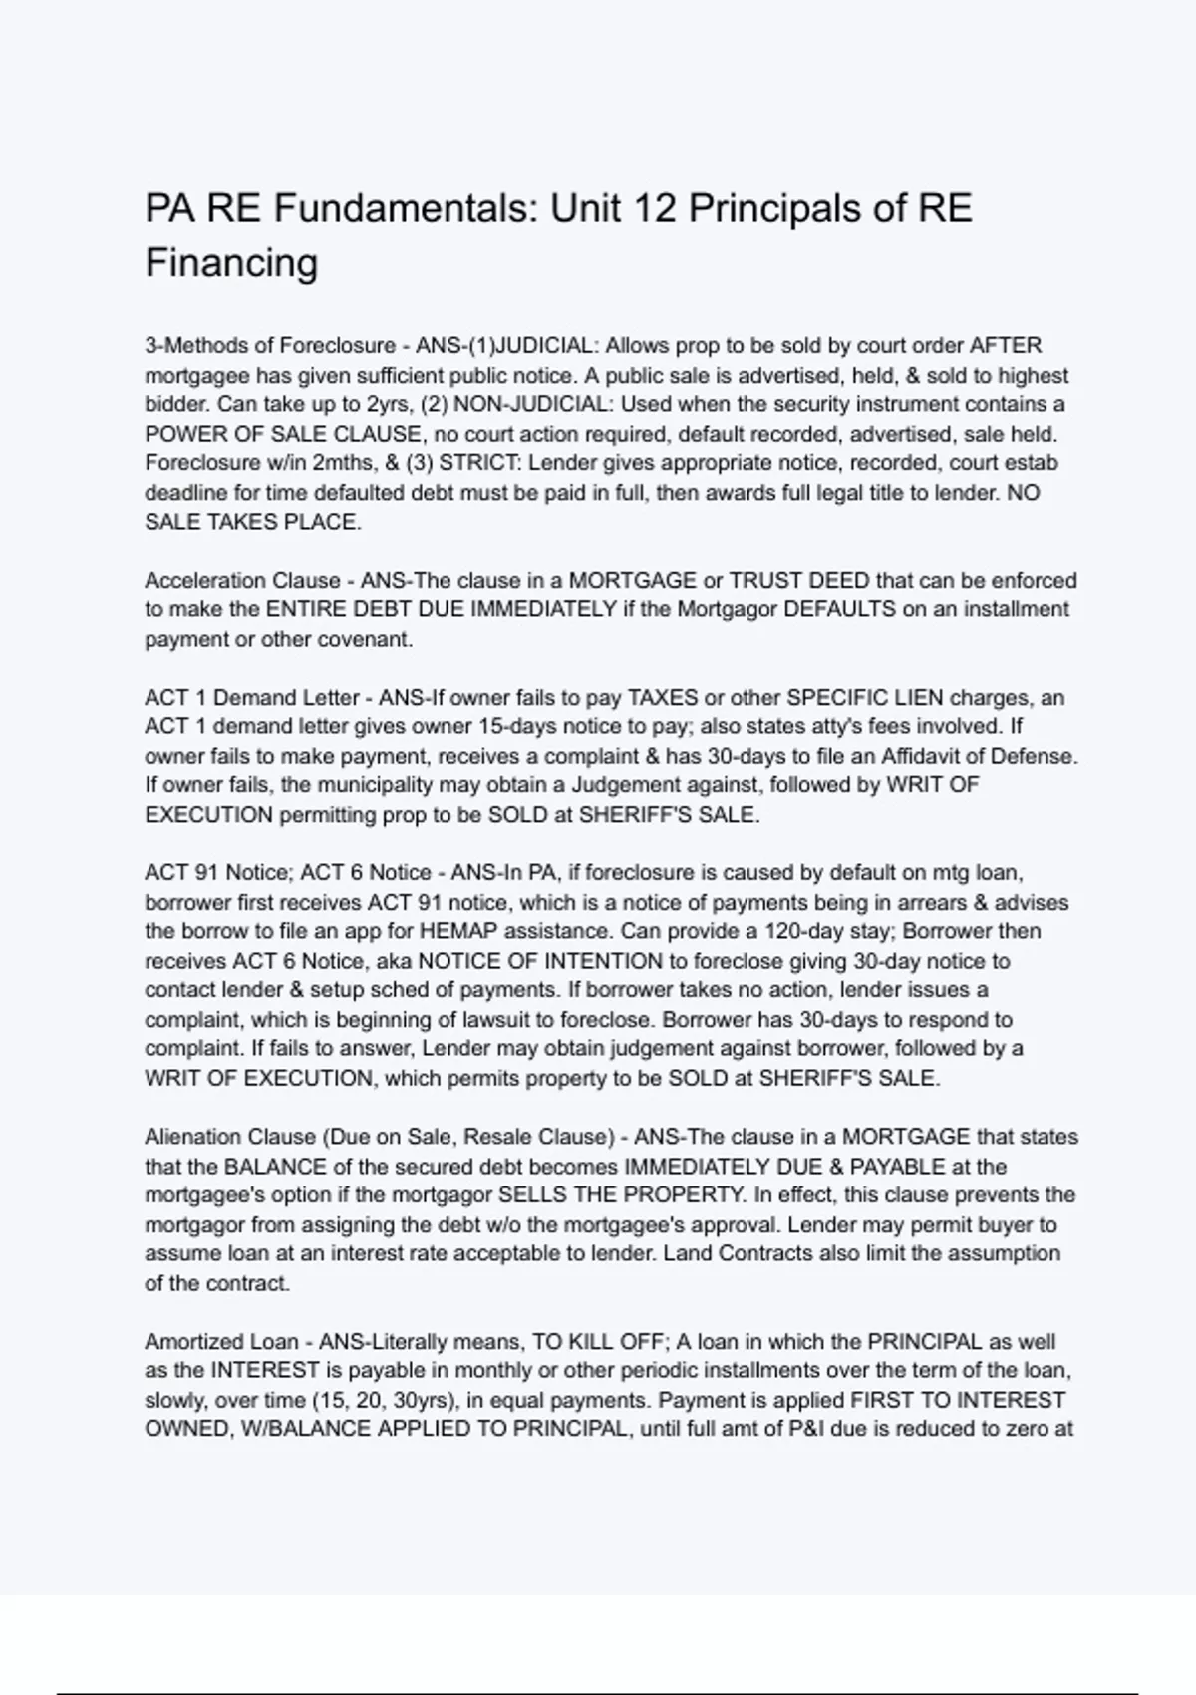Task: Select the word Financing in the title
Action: coord(231,263)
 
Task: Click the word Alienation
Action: coord(192,1138)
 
